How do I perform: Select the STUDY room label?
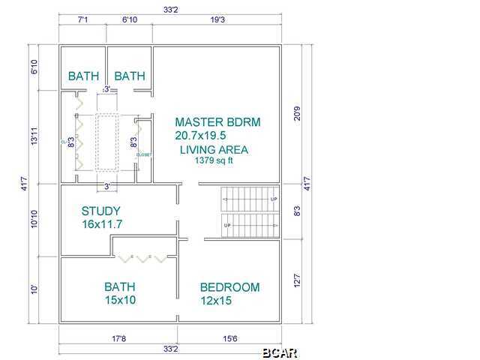(101, 211)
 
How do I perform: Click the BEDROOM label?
(229, 287)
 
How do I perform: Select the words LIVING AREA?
(214, 150)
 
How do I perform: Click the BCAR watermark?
(280, 352)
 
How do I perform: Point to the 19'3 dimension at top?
(217, 20)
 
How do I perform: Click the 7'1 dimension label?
(82, 20)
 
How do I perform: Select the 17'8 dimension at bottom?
(118, 339)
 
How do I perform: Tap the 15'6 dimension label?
(229, 339)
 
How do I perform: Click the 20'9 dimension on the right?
(297, 113)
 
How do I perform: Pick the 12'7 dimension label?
(297, 282)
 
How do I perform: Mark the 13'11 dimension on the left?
(34, 136)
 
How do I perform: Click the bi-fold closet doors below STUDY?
(142, 258)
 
